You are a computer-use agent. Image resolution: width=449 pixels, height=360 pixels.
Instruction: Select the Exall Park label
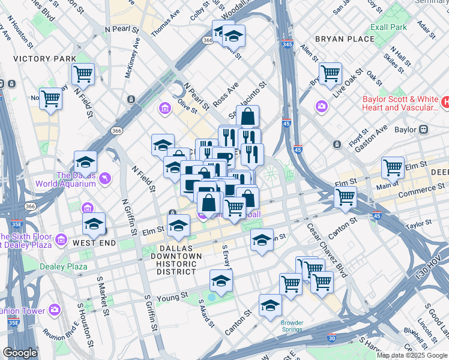coord(388,27)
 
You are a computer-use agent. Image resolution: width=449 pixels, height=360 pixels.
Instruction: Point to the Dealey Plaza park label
coord(64,266)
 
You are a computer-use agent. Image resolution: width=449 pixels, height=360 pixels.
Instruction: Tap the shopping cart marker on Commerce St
coord(346,196)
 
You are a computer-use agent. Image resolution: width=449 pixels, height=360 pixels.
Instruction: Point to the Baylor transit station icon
coord(423,129)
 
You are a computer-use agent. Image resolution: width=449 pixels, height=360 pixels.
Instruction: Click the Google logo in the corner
coord(20,353)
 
